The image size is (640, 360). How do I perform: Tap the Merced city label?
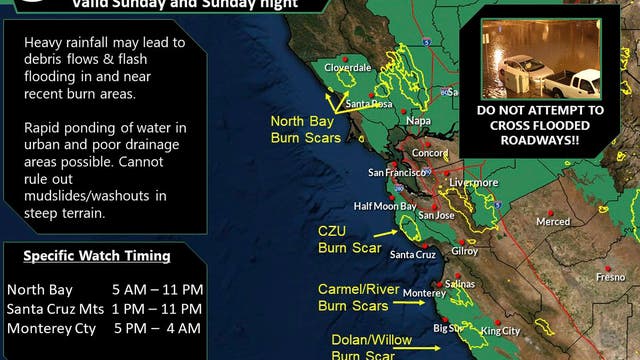pyautogui.click(x=552, y=222)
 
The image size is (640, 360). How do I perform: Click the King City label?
pyautogui.click(x=501, y=330)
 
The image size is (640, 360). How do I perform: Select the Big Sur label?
pyautogui.click(x=449, y=328)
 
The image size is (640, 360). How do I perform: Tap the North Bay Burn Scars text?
pyautogui.click(x=305, y=129)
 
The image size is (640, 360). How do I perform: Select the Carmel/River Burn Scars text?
pyautogui.click(x=353, y=298)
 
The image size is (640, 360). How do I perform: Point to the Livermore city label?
pyautogui.click(x=474, y=184)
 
